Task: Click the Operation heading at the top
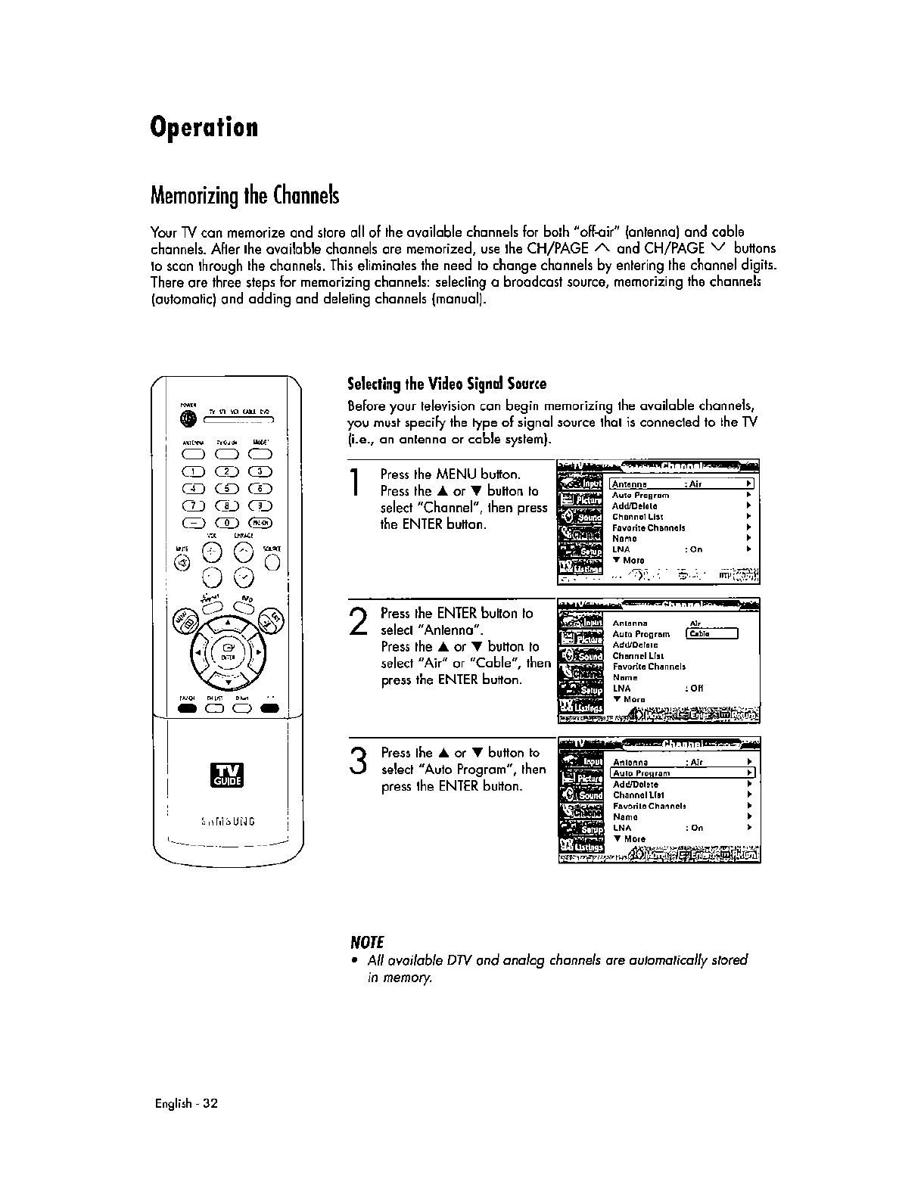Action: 204,127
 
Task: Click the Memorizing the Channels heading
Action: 244,195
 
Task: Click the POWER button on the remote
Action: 187,420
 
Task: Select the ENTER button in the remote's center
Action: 227,651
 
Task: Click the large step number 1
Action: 355,485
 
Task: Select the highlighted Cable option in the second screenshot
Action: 711,634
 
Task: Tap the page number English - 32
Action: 186,1103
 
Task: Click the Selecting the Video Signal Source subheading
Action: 446,383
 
